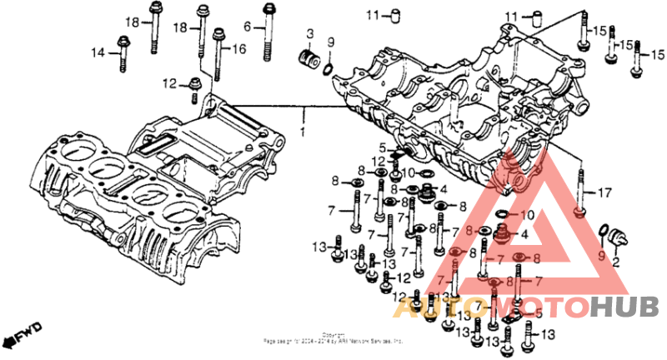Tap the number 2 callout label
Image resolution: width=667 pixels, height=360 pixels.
[x=616, y=262]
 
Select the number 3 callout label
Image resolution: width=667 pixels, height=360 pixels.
[x=309, y=34]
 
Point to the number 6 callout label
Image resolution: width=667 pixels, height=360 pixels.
[x=248, y=27]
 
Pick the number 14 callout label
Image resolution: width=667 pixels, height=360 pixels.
[x=98, y=52]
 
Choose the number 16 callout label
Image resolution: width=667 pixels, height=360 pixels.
[x=238, y=49]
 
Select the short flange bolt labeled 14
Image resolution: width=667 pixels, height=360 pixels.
[x=123, y=52]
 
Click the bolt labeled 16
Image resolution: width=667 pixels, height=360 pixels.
[x=218, y=54]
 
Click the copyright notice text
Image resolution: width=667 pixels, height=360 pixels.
[x=333, y=337]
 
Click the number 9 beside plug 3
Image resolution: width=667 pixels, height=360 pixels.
[x=330, y=42]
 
